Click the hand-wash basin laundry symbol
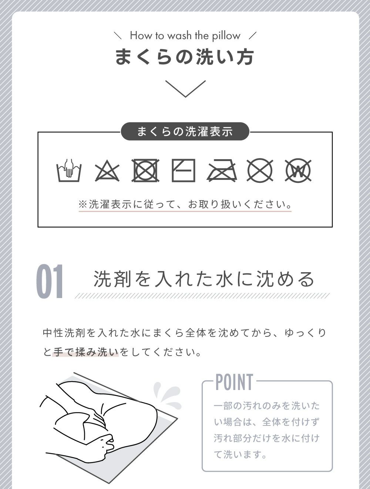69,170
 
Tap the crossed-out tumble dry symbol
145,170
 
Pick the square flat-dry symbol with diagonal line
184,170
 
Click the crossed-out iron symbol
222,170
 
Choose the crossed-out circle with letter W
298,170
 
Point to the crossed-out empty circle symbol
260,170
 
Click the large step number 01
50,281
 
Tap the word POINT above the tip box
234,382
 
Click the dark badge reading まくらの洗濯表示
185,131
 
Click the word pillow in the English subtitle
226,36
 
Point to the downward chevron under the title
185,89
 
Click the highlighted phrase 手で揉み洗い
85,352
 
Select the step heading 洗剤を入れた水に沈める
203,279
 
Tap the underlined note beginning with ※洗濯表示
185,204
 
